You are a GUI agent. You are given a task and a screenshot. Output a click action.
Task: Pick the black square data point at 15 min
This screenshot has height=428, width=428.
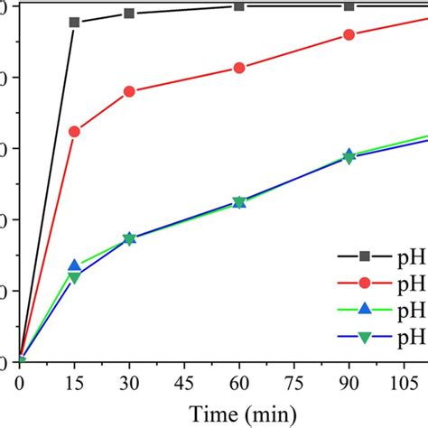click(74, 22)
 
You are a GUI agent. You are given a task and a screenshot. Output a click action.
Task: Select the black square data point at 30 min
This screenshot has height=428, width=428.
click(129, 14)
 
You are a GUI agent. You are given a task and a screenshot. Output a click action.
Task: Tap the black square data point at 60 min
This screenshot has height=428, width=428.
click(239, 6)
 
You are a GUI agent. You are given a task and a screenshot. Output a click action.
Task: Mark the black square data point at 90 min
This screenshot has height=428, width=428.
click(349, 6)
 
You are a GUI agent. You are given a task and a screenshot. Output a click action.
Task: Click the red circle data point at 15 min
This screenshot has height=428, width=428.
click(74, 132)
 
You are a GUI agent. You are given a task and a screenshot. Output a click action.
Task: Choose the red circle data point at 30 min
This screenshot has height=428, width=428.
click(129, 91)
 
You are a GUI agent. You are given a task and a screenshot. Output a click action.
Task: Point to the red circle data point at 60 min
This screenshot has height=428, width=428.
click(239, 68)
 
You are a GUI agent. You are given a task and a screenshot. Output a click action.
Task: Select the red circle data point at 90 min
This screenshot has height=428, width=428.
click(349, 35)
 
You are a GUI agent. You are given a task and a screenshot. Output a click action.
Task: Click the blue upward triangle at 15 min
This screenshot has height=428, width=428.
click(74, 265)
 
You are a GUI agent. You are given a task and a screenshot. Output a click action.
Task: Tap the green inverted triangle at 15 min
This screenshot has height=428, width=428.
click(74, 277)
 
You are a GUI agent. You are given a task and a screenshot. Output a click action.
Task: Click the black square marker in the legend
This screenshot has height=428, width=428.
click(365, 256)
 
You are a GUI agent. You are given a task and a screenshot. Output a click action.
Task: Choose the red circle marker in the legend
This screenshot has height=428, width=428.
click(365, 284)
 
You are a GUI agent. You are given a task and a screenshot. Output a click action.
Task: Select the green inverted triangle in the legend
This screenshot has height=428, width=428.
click(365, 337)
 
